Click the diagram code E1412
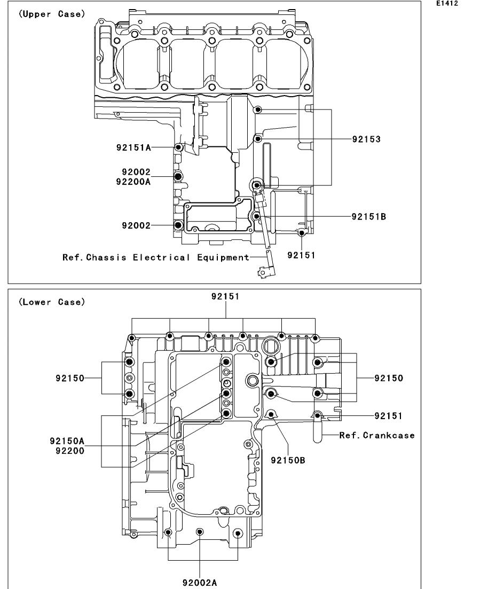(447, 3)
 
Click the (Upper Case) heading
(52, 14)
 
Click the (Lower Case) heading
(52, 302)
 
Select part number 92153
(366, 139)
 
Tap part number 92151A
(133, 147)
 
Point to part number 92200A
(133, 182)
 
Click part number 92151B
(369, 217)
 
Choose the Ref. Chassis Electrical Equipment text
(156, 258)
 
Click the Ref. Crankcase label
(377, 435)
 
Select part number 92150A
(67, 441)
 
